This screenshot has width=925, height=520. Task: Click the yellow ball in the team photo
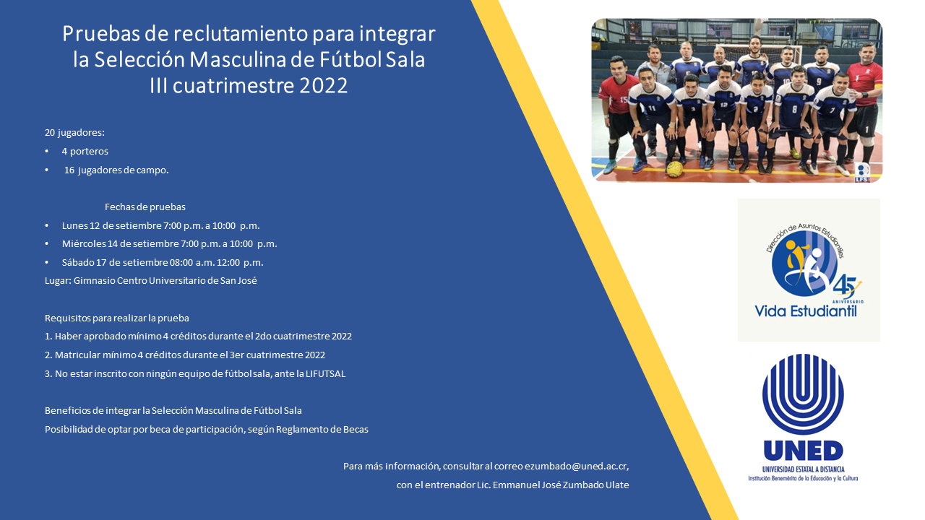point(674,169)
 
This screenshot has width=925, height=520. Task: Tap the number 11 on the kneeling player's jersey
point(652,108)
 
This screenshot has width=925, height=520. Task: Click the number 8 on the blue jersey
point(794,110)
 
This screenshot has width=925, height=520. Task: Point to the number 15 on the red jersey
point(624,100)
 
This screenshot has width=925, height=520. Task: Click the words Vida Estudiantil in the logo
point(805,311)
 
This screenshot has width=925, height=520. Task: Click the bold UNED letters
point(803,451)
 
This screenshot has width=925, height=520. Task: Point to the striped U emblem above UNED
point(803,394)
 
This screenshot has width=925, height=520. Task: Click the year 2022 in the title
point(320,85)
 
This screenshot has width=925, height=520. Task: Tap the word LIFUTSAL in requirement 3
point(325,373)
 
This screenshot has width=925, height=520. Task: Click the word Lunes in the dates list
point(74,225)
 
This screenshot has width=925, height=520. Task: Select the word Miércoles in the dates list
point(84,243)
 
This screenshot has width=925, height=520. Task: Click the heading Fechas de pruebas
point(145,207)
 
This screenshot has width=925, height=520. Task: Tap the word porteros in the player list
point(89,151)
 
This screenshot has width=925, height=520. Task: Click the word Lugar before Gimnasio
point(57,280)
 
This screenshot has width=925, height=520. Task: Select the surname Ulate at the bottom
point(615,485)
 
